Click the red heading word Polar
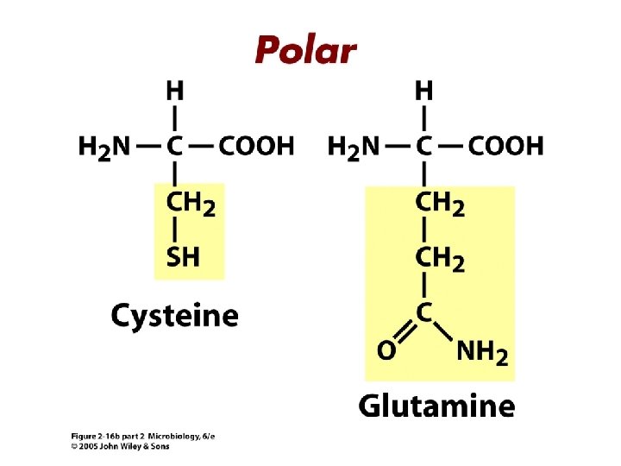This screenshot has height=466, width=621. pyautogui.click(x=304, y=49)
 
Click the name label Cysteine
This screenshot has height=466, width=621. pyautogui.click(x=174, y=315)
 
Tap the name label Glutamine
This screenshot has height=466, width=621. pyautogui.click(x=436, y=405)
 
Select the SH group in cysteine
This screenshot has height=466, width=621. pyautogui.click(x=182, y=257)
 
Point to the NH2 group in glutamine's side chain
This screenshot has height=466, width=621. pyautogui.click(x=481, y=352)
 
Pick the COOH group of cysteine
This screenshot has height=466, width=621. pyautogui.click(x=256, y=146)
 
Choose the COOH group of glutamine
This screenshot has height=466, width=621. pyautogui.click(x=506, y=146)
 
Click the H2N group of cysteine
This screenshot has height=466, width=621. pyautogui.click(x=104, y=147)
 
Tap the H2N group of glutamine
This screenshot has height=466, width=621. pyautogui.click(x=354, y=147)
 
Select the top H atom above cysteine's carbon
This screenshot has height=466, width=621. pyautogui.click(x=175, y=89)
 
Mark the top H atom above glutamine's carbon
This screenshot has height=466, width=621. pyautogui.click(x=424, y=89)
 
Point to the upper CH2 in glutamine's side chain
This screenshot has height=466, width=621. pyautogui.click(x=440, y=205)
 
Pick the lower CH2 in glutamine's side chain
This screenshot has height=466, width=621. pyautogui.click(x=440, y=258)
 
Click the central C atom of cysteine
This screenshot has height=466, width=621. pyautogui.click(x=175, y=146)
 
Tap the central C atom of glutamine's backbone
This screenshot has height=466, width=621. pyautogui.click(x=424, y=146)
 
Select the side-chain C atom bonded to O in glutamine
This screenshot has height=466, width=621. pyautogui.click(x=424, y=312)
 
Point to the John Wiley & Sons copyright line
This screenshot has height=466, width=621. pyautogui.click(x=120, y=446)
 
